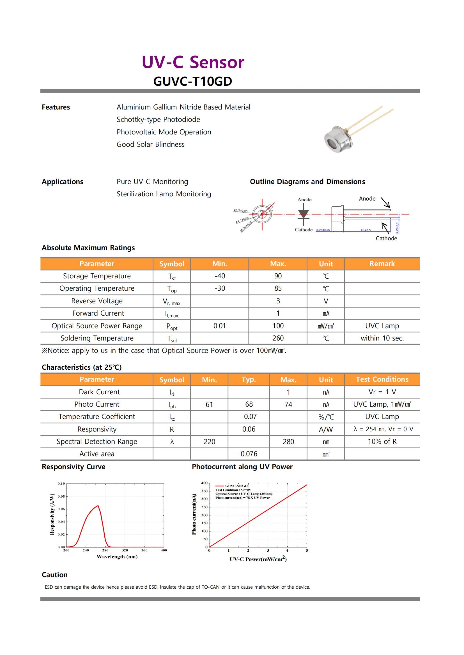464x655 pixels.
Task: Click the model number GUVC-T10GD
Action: click(192, 81)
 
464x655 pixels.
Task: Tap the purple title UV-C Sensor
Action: click(193, 62)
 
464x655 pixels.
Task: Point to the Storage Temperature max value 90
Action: click(278, 276)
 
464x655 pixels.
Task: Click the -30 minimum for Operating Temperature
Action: click(220, 288)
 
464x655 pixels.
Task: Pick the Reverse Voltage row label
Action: click(97, 301)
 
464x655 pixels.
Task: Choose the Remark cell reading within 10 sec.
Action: click(382, 338)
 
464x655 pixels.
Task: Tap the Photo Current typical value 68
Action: click(249, 404)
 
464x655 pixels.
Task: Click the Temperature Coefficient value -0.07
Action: click(249, 417)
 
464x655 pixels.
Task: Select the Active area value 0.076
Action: click(249, 454)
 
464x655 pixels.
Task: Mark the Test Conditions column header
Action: click(382, 379)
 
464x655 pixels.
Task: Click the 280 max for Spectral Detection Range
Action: click(288, 442)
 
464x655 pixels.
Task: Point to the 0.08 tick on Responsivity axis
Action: click(61, 497)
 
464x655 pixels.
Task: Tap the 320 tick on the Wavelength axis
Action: click(125, 550)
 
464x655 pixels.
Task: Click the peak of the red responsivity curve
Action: click(98, 506)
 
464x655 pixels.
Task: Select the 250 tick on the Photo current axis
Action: click(204, 507)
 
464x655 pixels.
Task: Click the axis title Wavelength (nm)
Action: click(117, 557)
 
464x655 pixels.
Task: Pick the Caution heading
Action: click(55, 575)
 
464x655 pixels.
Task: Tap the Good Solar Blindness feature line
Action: click(151, 144)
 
